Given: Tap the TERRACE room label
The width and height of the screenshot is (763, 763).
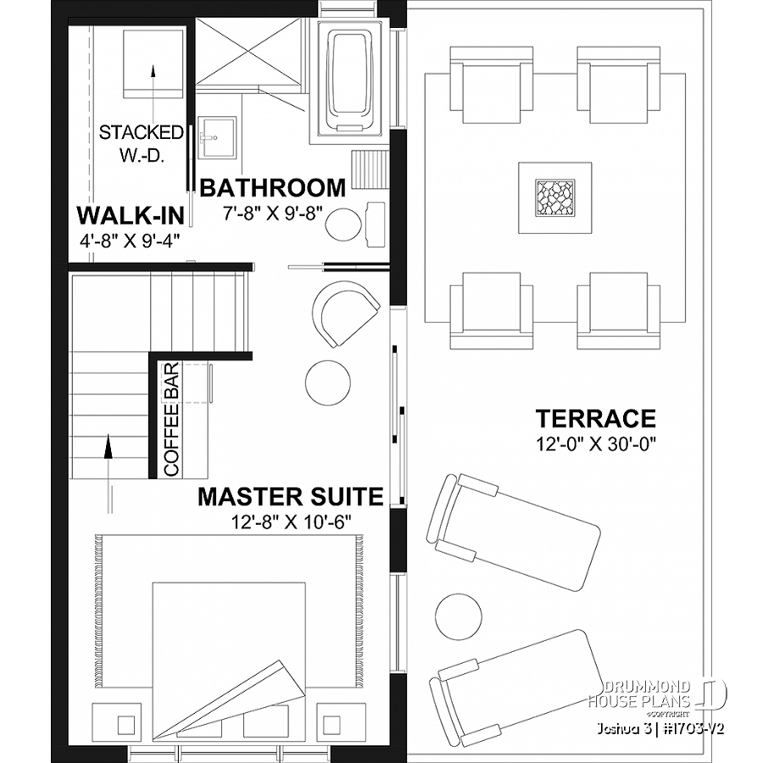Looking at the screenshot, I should point(595,419).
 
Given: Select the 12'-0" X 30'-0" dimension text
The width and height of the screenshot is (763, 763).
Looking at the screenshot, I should point(596,442).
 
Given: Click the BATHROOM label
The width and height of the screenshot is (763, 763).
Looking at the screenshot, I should point(272,187).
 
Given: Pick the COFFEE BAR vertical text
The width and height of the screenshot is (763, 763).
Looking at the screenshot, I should point(170,419).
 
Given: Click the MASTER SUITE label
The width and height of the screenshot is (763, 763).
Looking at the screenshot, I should point(290,497).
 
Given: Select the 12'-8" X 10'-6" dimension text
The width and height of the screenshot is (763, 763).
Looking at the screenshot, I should point(290,520).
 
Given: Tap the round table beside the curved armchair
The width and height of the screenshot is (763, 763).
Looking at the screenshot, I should point(328,384).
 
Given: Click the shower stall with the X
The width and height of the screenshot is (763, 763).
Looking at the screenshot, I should point(249,52).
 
